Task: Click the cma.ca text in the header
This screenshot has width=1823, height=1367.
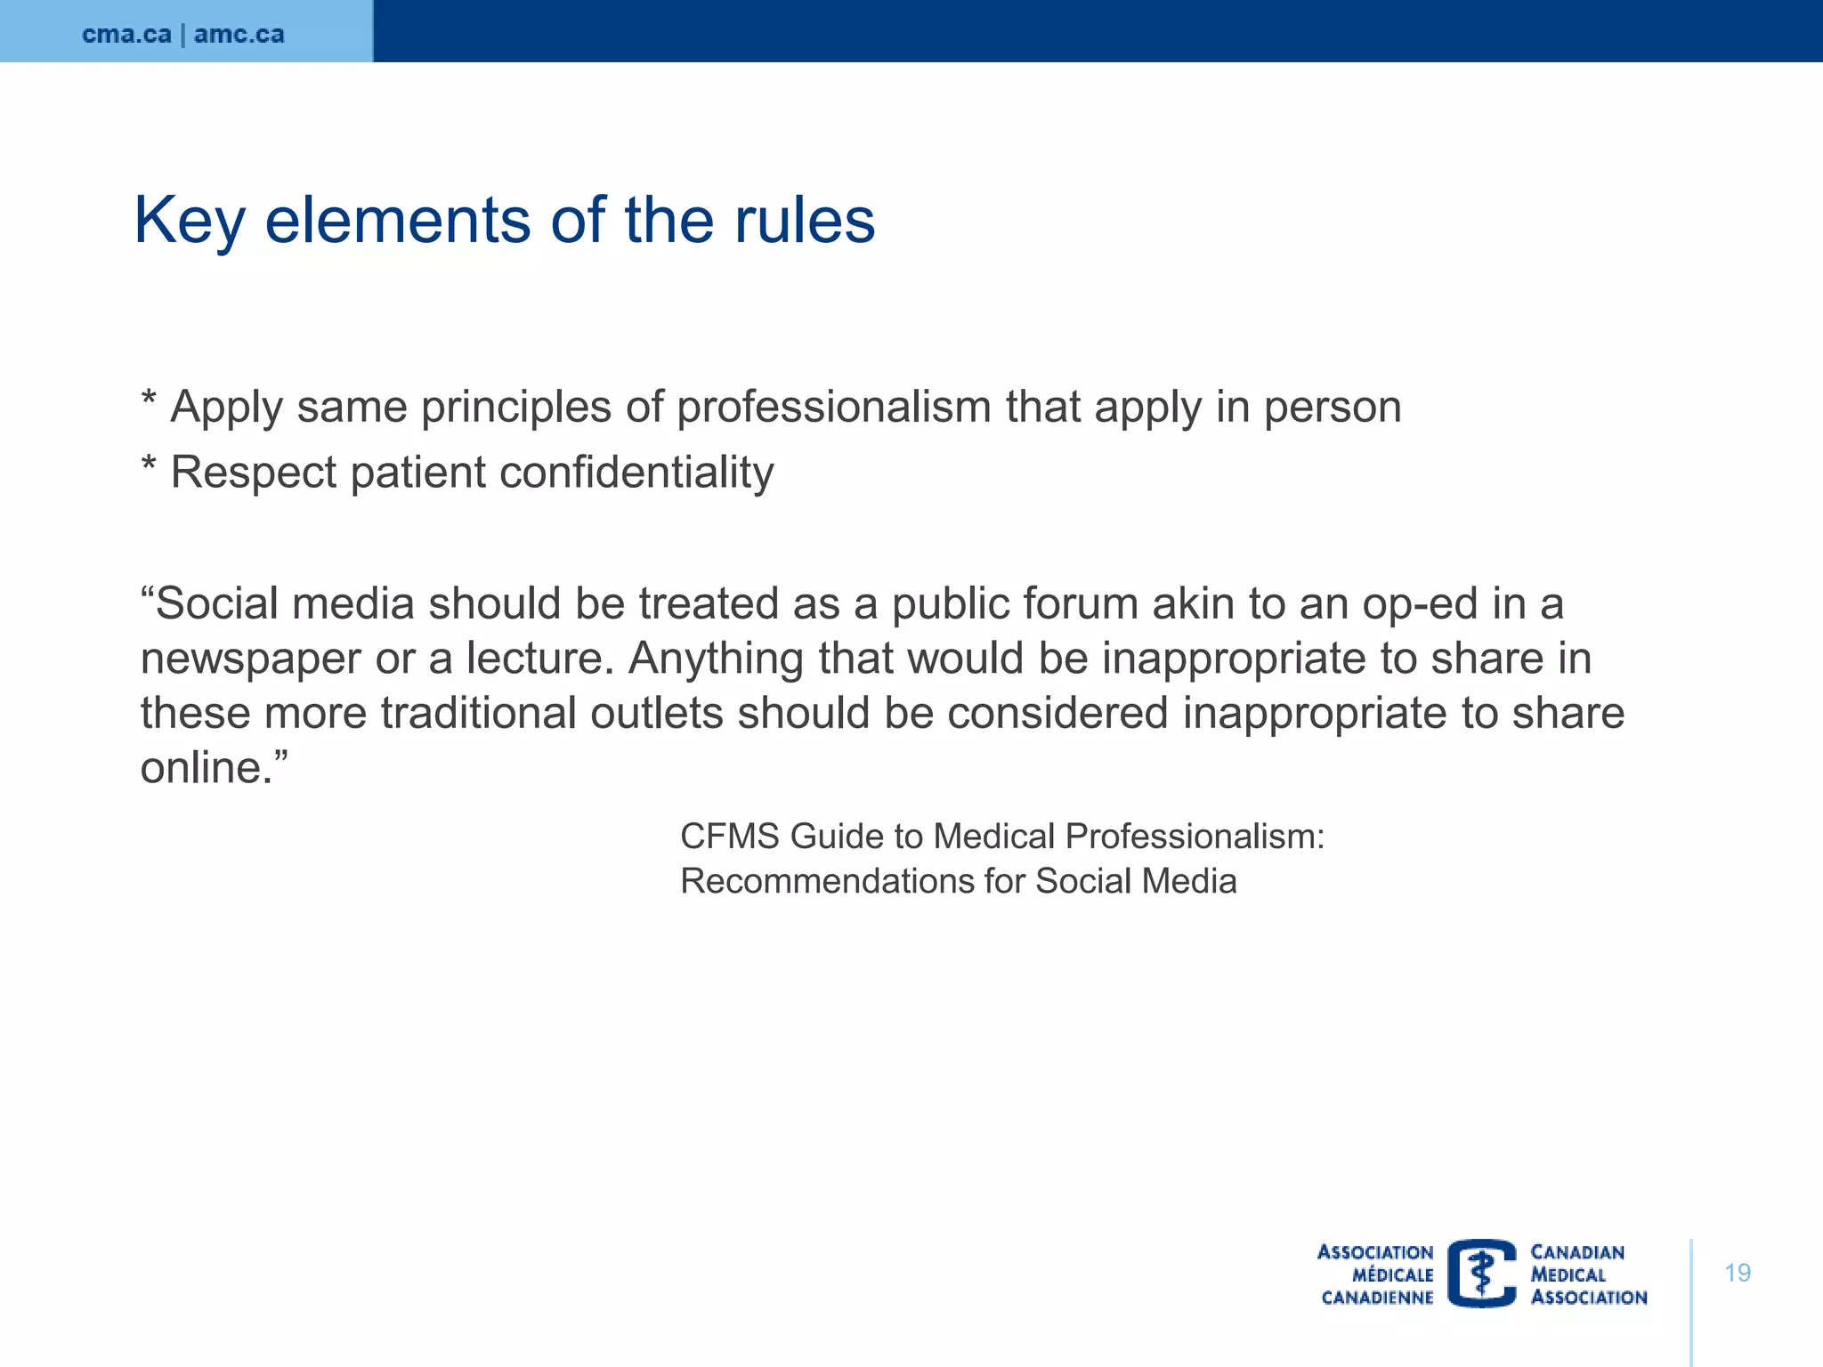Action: [x=126, y=35]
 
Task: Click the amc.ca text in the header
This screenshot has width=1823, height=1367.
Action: [x=239, y=35]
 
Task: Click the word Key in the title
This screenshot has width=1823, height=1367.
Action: [x=189, y=221]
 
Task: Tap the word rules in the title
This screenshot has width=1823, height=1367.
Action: [x=804, y=220]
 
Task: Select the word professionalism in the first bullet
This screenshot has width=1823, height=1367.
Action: [x=834, y=408]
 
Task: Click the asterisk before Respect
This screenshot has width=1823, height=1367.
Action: [x=149, y=465]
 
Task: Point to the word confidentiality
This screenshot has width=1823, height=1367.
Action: [x=636, y=473]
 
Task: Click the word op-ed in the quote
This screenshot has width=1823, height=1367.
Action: [x=1419, y=604]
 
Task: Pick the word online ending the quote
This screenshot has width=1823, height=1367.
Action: [x=206, y=768]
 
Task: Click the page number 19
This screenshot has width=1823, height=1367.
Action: [x=1737, y=1273]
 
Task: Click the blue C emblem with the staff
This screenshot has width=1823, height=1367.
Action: [x=1482, y=1274]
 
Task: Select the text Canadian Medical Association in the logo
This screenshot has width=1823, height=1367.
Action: [x=1587, y=1274]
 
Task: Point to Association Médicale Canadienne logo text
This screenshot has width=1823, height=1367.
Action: [x=1376, y=1274]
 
